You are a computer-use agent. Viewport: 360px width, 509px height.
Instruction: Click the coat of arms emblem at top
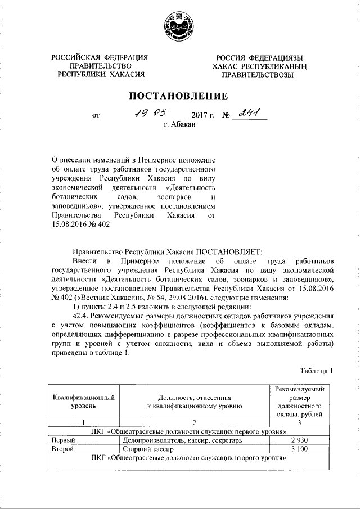pyautogui.click(x=179, y=26)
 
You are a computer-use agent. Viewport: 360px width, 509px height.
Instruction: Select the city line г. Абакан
pyautogui.click(x=179, y=124)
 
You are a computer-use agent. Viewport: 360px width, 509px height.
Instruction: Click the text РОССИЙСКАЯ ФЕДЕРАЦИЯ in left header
pyautogui.click(x=100, y=58)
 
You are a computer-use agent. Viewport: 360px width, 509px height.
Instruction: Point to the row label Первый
pyautogui.click(x=64, y=440)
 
